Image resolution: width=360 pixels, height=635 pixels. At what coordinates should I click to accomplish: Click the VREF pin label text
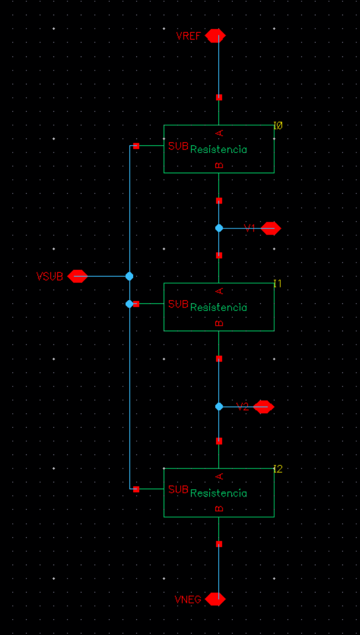188,36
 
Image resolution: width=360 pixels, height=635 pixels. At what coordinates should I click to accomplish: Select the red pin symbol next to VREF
215,36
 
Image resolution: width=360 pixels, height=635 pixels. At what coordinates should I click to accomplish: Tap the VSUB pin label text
50,276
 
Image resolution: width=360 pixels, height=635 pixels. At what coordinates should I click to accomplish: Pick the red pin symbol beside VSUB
77,276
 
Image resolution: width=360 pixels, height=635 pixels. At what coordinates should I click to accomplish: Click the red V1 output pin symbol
271,228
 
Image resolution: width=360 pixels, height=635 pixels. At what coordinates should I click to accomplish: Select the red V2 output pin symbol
263,407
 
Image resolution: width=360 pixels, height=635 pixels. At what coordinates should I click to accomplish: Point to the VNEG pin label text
188,600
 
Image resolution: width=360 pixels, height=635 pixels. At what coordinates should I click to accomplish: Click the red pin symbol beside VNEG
215,599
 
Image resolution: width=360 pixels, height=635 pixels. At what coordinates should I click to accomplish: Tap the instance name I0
278,126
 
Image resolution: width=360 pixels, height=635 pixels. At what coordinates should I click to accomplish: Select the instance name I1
278,284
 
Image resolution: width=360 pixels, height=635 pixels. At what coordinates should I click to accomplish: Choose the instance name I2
278,469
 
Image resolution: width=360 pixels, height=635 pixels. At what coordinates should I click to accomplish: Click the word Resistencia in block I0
218,149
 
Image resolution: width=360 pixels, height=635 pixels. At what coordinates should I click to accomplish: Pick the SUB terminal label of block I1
178,304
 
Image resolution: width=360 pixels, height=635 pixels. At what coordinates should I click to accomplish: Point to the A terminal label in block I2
220,476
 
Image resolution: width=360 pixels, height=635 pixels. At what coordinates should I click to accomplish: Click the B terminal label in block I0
220,165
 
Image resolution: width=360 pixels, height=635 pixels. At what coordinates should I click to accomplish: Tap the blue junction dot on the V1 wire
219,228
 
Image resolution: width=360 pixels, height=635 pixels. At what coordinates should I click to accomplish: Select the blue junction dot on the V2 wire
219,406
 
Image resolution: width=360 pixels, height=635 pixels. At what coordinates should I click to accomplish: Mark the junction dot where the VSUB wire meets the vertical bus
130,276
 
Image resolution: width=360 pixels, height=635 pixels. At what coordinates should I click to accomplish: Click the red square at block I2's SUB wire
136,489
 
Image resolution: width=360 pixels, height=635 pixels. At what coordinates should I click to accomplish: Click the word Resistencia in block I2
218,493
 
